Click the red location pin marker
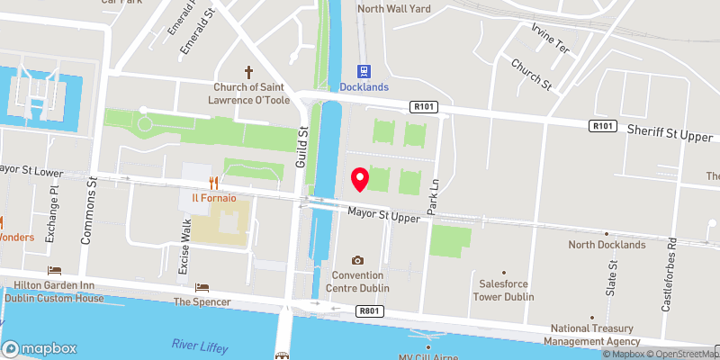(x=360, y=179)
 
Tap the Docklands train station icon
(x=364, y=71)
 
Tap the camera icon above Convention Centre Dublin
(x=357, y=260)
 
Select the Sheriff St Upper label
(x=670, y=133)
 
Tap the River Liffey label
(x=199, y=346)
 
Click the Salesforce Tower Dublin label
(x=503, y=290)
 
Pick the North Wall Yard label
(x=394, y=9)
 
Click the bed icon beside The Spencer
(x=202, y=287)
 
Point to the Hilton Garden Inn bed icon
(x=54, y=271)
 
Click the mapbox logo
(x=40, y=348)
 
